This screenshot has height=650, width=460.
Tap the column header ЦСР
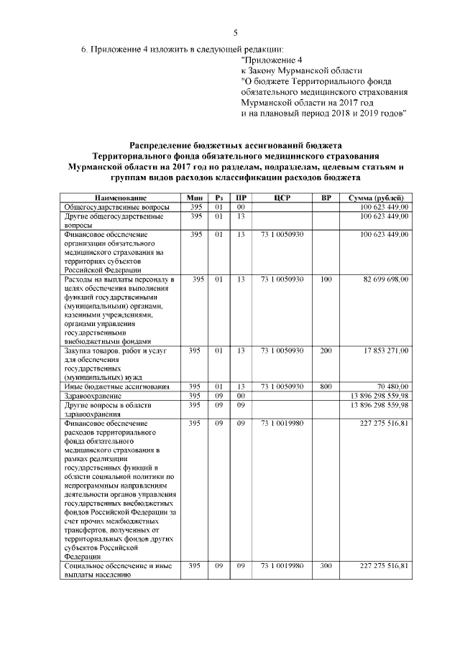[282, 198]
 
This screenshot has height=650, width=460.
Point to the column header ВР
[326, 198]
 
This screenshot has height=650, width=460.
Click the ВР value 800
[326, 386]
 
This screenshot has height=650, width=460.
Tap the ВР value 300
[326, 566]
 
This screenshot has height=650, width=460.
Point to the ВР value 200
[326, 350]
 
